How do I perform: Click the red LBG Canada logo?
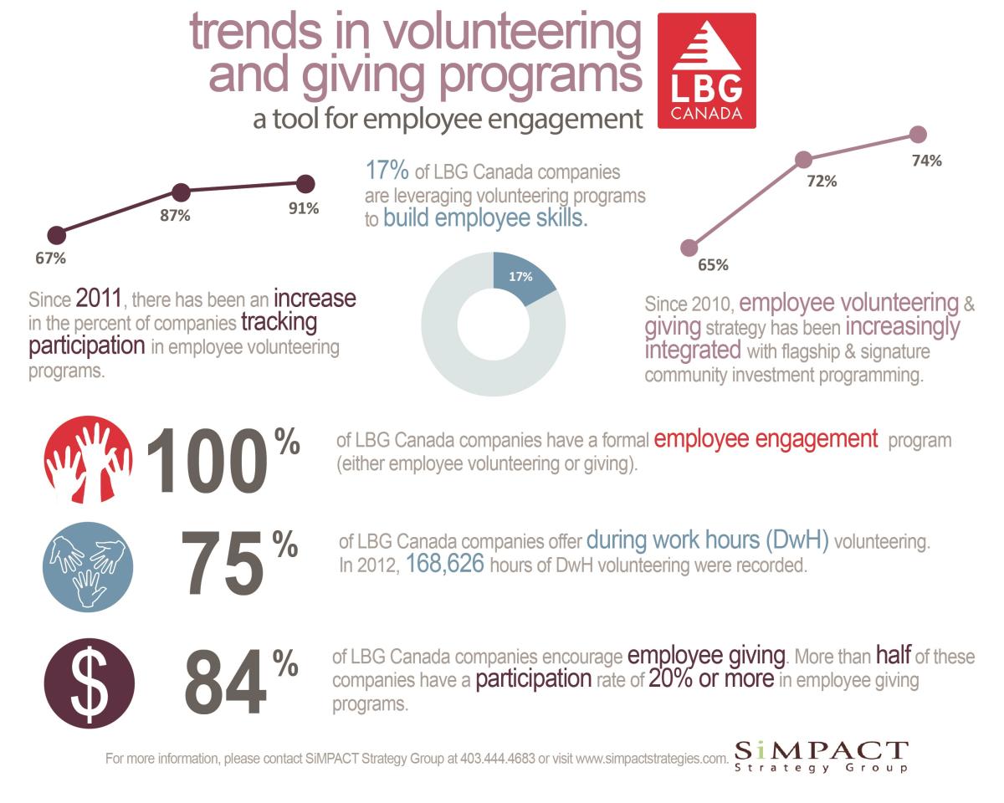click(706, 70)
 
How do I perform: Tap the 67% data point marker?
click(57, 235)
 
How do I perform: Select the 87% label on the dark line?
click(175, 216)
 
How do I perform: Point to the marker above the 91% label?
click(305, 184)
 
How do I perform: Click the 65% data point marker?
click(689, 248)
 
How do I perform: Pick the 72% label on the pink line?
click(822, 181)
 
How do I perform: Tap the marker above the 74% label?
click(918, 135)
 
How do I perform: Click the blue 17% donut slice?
click(523, 276)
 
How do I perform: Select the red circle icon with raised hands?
click(88, 459)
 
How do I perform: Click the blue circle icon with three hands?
click(88, 566)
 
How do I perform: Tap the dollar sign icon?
click(90, 683)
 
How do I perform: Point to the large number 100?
click(207, 461)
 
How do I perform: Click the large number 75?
click(222, 563)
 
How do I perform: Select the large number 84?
click(225, 682)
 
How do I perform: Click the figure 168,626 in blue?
click(445, 563)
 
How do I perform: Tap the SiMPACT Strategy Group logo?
click(821, 757)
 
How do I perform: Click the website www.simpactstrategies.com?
click(652, 759)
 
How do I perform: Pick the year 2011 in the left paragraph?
click(99, 298)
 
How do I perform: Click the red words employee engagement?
click(766, 439)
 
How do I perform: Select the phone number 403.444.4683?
click(497, 758)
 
